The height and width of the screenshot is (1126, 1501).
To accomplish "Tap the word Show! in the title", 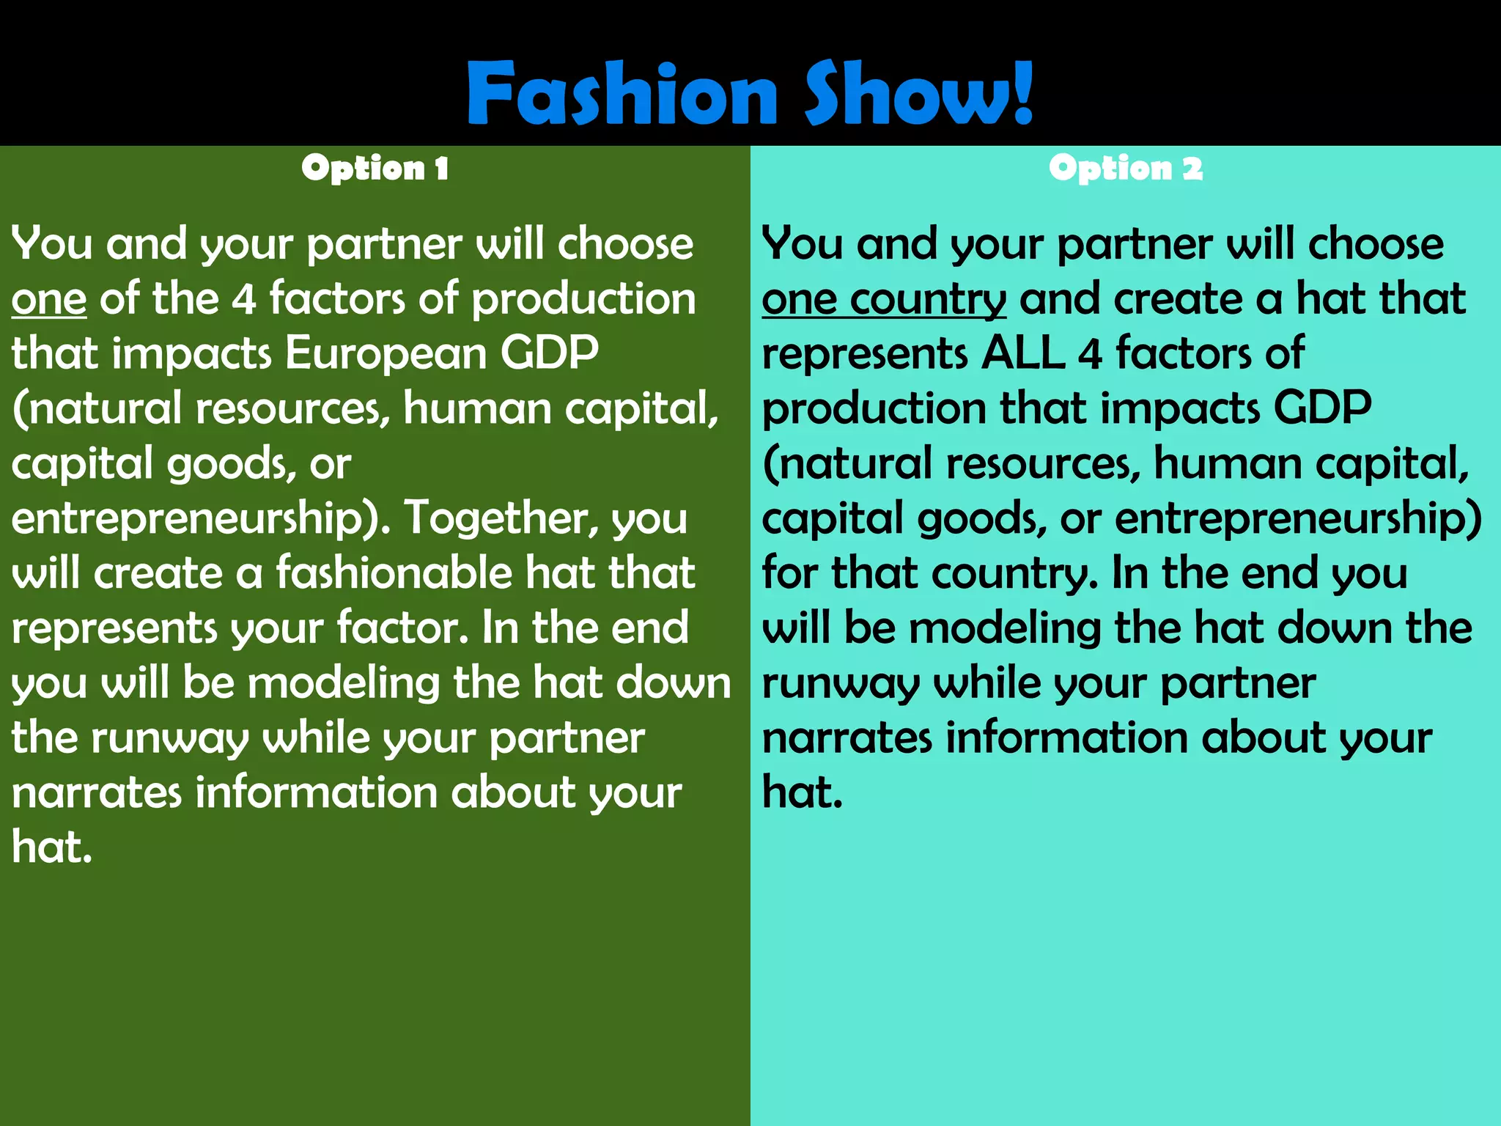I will click(919, 94).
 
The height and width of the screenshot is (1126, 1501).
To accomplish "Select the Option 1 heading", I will click(375, 169).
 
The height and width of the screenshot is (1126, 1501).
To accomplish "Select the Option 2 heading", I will click(1125, 169).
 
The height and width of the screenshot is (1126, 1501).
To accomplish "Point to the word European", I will click(386, 353).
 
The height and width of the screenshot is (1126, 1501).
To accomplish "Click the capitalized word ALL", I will click(1022, 353).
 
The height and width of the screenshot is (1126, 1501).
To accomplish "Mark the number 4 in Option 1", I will click(244, 299).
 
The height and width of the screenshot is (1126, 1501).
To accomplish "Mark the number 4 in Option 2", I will click(1091, 353).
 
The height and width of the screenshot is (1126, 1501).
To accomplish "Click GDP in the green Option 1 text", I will click(549, 353).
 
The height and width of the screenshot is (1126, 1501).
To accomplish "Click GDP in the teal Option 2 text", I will click(1322, 408).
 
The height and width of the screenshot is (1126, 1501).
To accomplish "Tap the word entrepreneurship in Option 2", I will click(1297, 519).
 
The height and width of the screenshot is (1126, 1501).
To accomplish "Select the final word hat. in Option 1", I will click(51, 847).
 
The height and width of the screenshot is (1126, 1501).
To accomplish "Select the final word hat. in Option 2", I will click(802, 792).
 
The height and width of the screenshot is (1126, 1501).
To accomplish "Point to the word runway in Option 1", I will click(170, 739).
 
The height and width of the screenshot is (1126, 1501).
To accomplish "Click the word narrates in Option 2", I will click(847, 737).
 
